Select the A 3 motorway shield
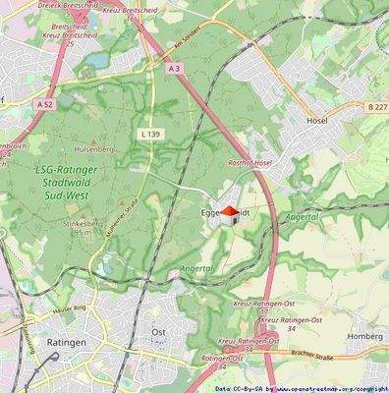175,68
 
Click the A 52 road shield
44,102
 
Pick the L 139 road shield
150,132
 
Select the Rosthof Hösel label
250,162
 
